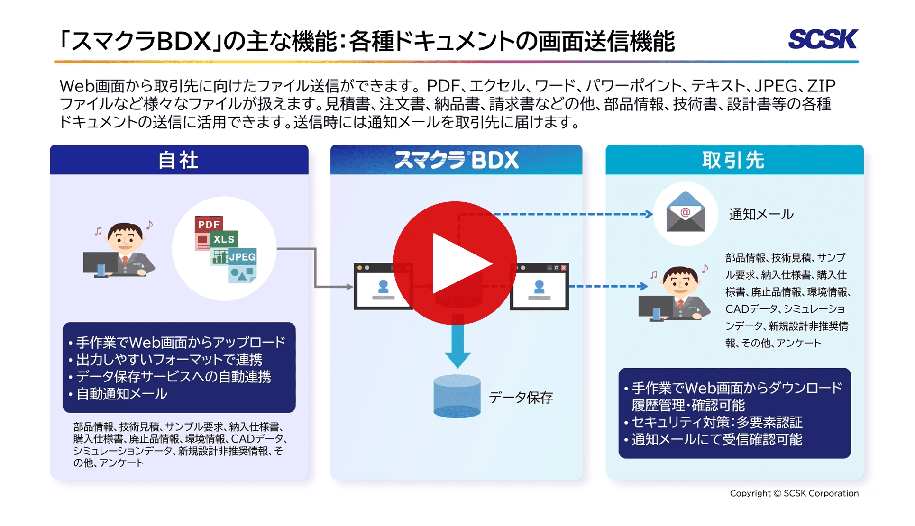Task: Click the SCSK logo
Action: click(823, 39)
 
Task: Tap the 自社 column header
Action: click(178, 160)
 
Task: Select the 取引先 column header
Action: click(733, 160)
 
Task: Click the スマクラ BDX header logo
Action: click(456, 160)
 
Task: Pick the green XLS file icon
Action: click(224, 239)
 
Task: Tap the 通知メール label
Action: click(761, 214)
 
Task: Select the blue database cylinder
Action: click(457, 396)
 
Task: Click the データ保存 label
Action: click(521, 397)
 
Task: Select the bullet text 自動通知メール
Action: click(122, 394)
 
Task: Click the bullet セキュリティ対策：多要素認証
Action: click(717, 422)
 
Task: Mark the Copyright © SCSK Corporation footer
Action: click(794, 493)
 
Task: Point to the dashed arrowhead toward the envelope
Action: click(649, 214)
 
